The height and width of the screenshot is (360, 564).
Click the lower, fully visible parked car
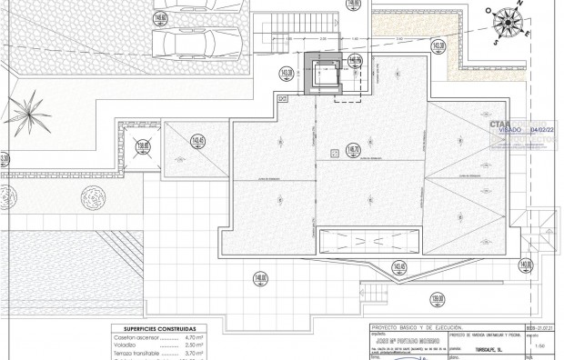pyautogui.click(x=195, y=42)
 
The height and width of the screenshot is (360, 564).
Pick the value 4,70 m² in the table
pyautogui.click(x=185, y=337)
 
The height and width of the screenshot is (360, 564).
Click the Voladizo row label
pyautogui.click(x=124, y=345)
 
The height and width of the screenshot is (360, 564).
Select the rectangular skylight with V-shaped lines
pyautogui.click(x=368, y=241)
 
